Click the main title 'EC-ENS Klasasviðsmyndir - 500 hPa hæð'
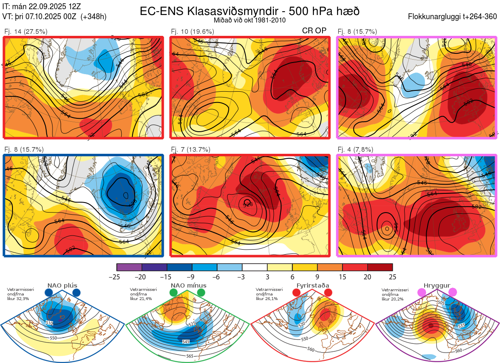tap(250, 11)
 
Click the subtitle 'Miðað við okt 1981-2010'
tap(250, 20)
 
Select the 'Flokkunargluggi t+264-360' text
tap(453, 17)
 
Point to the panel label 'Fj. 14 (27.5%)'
tap(26, 31)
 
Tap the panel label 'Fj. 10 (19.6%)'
tap(192, 31)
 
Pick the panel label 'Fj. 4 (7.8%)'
tap(355, 149)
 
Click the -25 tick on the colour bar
tap(117, 277)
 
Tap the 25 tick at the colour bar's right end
tap(392, 277)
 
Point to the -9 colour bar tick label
tap(192, 277)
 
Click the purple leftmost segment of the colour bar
tap(129, 267)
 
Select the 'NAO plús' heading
tap(62, 285)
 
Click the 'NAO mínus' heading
tap(188, 285)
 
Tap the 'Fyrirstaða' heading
tap(312, 285)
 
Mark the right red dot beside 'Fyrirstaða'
tap(327, 293)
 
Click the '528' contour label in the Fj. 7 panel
tap(247, 204)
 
